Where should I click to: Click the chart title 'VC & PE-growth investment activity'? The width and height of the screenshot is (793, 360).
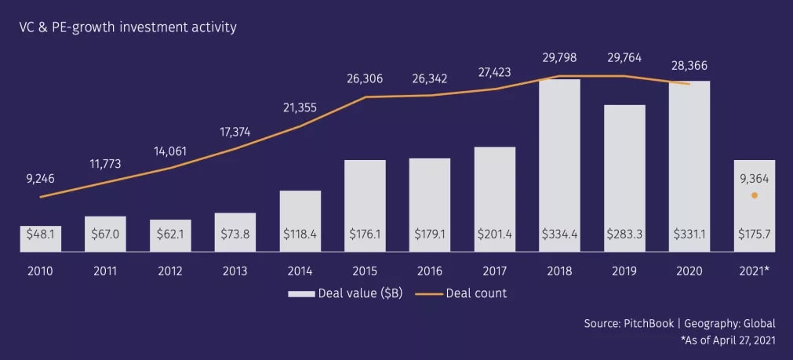point(129,27)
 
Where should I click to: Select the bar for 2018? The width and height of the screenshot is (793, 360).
point(559,157)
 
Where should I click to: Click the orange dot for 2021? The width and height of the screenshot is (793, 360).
point(755,195)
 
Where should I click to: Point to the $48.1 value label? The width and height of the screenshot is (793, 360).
point(41,233)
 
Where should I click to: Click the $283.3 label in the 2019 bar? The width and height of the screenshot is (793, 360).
point(624,233)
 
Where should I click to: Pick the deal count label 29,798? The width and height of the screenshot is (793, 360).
point(560,57)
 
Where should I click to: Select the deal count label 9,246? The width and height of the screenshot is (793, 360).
point(40,179)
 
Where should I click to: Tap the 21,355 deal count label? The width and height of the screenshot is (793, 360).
point(299,107)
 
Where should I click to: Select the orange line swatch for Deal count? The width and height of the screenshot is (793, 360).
point(427,294)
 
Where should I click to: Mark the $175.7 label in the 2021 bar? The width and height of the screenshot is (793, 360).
point(755,233)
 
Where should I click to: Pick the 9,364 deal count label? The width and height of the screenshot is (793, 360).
point(755,178)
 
